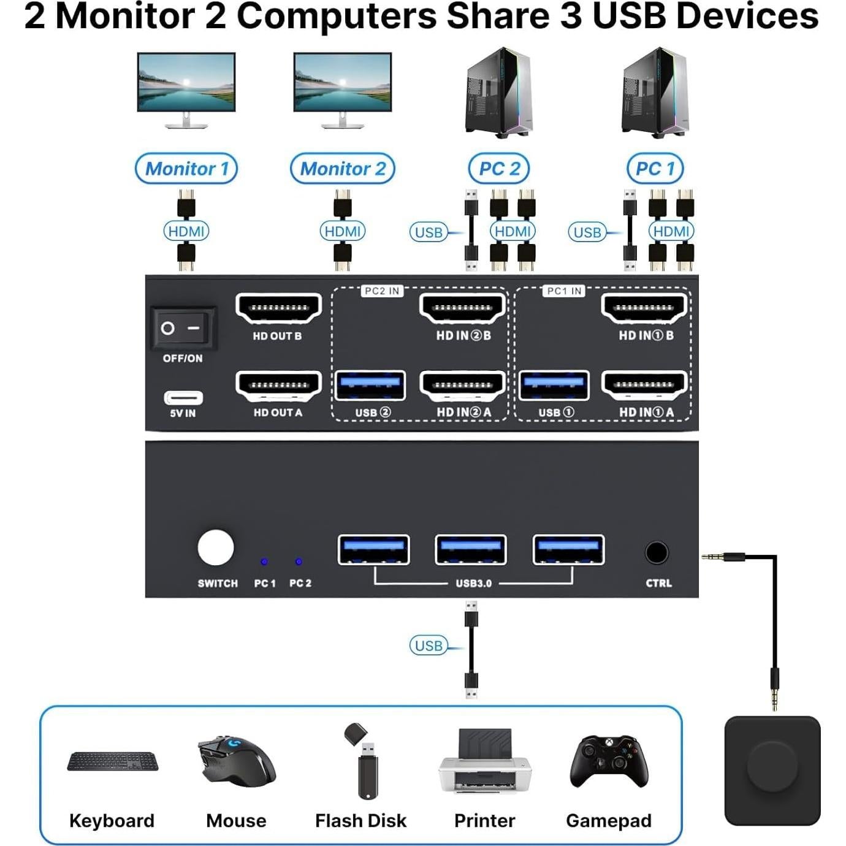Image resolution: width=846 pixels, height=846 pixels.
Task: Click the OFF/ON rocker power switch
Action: click(x=182, y=329)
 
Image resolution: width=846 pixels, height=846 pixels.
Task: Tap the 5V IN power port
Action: click(x=183, y=398)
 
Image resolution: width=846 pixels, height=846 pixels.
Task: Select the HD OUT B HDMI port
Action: click(x=279, y=308)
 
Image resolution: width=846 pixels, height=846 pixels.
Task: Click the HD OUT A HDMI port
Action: click(x=279, y=386)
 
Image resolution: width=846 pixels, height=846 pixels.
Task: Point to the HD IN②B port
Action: click(x=463, y=308)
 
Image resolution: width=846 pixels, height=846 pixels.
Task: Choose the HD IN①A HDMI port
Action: click(x=644, y=386)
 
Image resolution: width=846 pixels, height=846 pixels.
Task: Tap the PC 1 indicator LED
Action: click(x=264, y=562)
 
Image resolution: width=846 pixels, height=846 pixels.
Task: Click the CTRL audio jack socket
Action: click(x=657, y=553)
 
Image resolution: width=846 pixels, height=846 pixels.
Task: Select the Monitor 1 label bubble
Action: click(x=186, y=169)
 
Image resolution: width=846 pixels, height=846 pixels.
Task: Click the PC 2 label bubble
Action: click(x=499, y=169)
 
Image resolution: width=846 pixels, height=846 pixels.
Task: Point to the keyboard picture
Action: click(x=112, y=761)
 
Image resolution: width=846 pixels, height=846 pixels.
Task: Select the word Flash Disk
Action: click(x=360, y=820)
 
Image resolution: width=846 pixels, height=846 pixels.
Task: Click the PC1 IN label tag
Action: click(x=563, y=291)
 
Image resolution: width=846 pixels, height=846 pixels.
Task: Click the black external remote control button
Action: click(x=772, y=771)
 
